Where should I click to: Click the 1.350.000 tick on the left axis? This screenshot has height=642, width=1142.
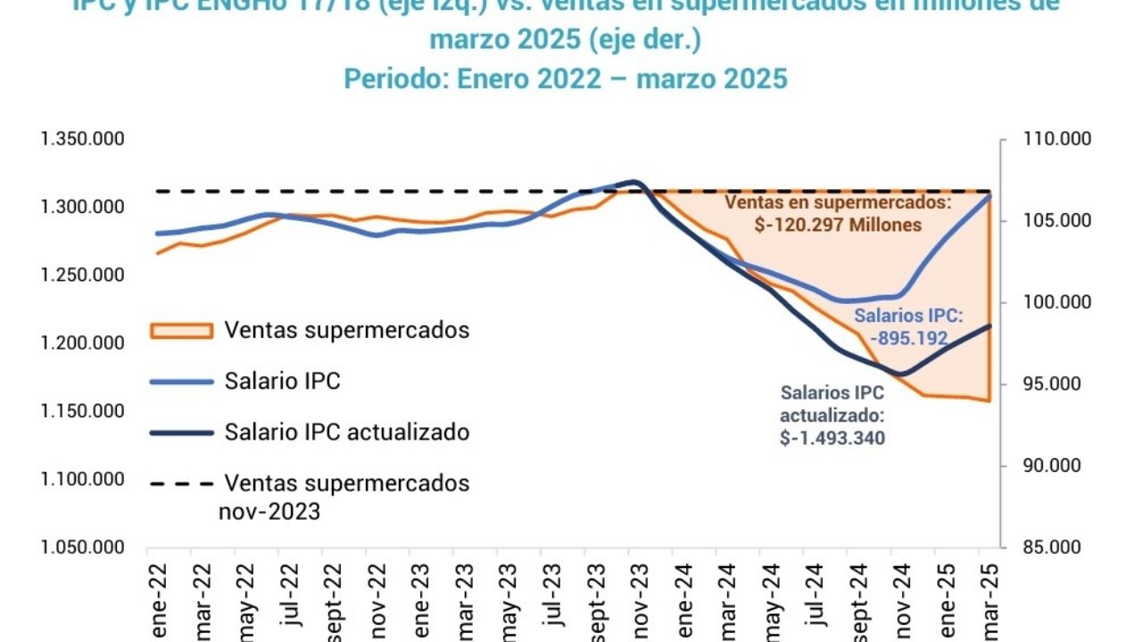click(x=82, y=140)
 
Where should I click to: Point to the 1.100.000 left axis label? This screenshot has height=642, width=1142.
click(x=82, y=480)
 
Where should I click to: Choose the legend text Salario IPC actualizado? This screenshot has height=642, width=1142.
click(x=347, y=432)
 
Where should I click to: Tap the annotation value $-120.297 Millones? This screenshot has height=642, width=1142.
click(x=837, y=226)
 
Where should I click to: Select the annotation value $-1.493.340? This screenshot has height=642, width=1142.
click(x=832, y=437)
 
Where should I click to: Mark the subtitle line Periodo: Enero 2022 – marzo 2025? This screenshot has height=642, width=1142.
click(x=566, y=78)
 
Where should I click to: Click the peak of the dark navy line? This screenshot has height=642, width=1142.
click(x=634, y=182)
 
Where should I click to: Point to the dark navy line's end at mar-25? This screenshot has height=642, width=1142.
click(x=990, y=325)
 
